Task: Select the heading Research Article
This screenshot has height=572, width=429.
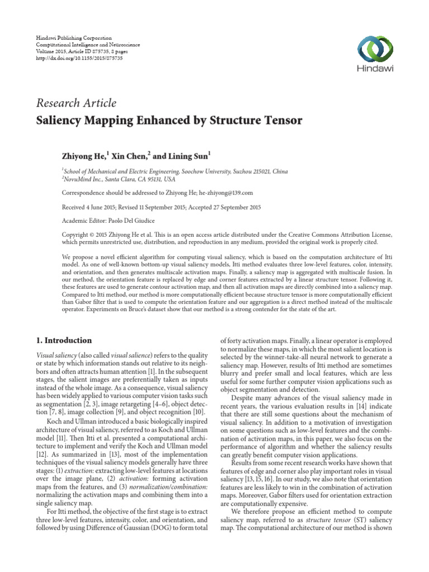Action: click(x=76, y=103)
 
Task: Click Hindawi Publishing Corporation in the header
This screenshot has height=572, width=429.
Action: click(x=75, y=36)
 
